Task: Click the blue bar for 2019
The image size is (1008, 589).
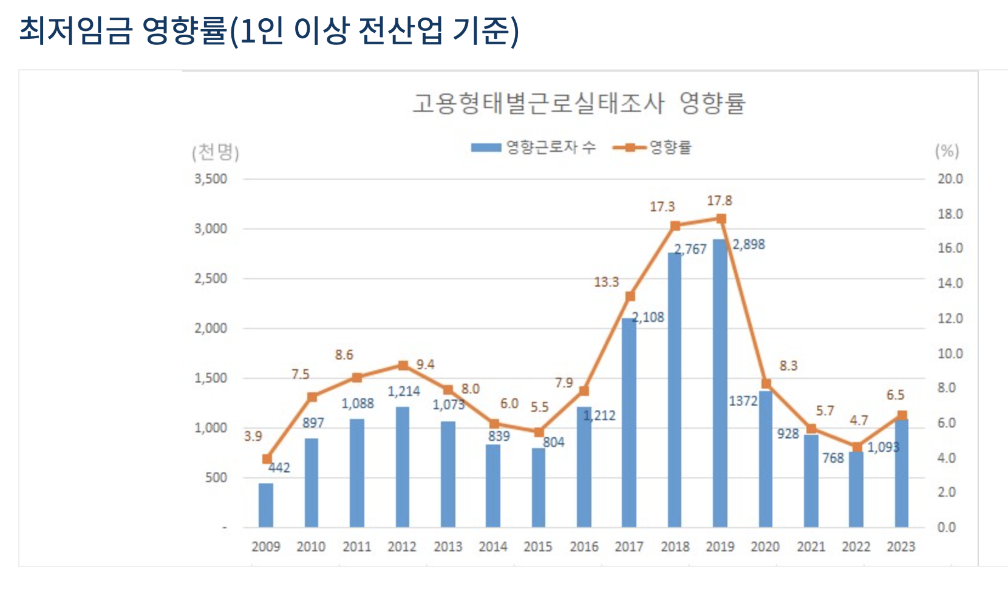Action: point(720,383)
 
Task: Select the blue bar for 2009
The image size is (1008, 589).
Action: point(266,505)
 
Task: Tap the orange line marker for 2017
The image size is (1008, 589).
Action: point(630,296)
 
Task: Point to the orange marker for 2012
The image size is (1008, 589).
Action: point(403,366)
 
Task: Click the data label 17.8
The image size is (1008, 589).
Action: point(720,200)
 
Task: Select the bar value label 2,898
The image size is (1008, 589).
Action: point(749,244)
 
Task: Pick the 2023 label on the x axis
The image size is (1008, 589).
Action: point(901,546)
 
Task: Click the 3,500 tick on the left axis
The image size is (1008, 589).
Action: point(211,179)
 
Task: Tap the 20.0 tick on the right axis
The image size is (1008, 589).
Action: point(950,179)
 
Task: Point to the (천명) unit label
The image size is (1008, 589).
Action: point(216,152)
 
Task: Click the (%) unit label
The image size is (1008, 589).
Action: point(947,151)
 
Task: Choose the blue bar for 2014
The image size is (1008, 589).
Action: point(493,486)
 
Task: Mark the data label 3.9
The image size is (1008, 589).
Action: point(253,436)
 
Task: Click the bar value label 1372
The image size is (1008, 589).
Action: point(743,401)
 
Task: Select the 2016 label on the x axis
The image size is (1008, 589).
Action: point(584,546)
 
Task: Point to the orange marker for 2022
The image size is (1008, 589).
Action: point(857,448)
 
